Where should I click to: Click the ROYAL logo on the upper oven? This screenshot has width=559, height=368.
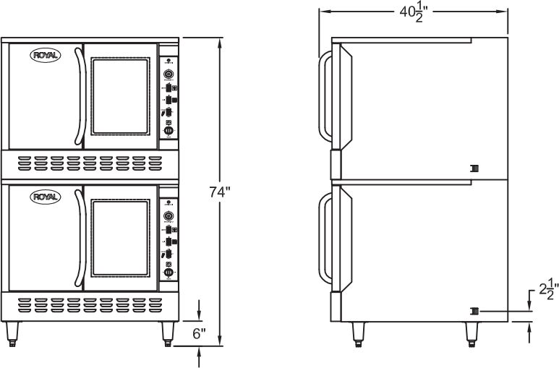(x=45, y=55)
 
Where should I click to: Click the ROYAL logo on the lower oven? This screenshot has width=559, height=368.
(x=45, y=197)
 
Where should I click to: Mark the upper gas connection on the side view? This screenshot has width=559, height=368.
(x=474, y=168)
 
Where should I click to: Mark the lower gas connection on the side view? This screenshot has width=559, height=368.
(x=474, y=311)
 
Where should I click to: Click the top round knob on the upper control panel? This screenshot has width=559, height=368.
(x=168, y=72)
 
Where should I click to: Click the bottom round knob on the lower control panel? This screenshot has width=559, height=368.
(x=168, y=273)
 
